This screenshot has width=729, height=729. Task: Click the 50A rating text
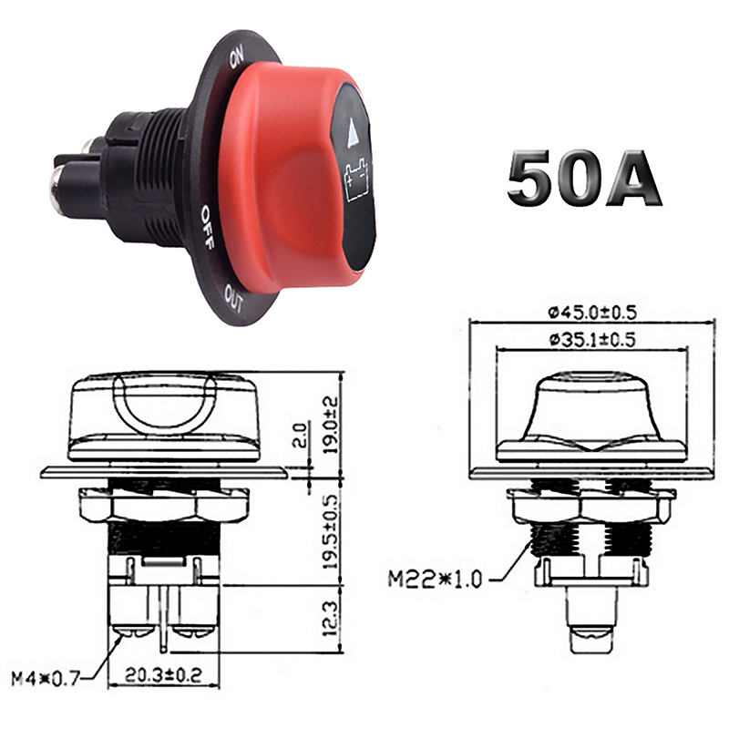(583, 177)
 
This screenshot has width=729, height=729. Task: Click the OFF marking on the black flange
(208, 227)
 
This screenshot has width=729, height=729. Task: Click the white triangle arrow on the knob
(354, 131)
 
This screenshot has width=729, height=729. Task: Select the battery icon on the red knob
(356, 180)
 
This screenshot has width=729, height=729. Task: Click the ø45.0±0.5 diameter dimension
(591, 312)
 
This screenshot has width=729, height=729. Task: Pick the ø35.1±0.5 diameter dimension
(591, 339)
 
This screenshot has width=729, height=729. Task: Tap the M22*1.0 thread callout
(435, 580)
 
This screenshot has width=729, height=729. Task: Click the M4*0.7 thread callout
(46, 678)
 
